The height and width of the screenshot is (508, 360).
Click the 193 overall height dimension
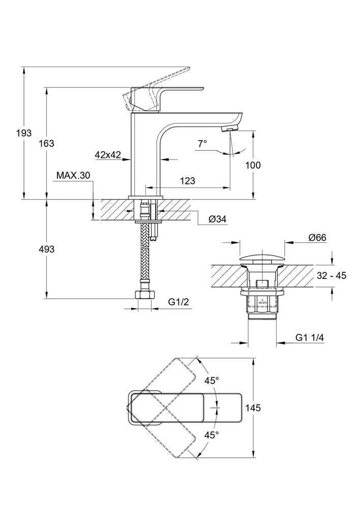(x=24, y=133)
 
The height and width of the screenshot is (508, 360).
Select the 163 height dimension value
(x=46, y=143)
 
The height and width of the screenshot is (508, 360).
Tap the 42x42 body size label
(x=107, y=155)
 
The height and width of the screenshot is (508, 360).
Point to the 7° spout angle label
(x=202, y=144)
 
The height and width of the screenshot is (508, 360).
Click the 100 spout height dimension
(x=253, y=165)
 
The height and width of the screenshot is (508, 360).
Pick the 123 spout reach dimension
(x=187, y=181)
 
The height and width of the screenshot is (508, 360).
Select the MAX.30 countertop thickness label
(x=73, y=175)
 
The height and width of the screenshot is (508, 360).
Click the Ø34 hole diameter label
(x=218, y=219)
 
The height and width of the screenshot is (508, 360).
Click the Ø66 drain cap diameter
(x=317, y=237)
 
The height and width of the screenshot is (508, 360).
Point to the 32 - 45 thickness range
(x=331, y=276)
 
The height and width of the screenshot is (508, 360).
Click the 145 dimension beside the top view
(x=253, y=407)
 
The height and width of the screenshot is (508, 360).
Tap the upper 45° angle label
(x=212, y=380)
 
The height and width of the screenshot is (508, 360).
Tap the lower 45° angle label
(x=212, y=435)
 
